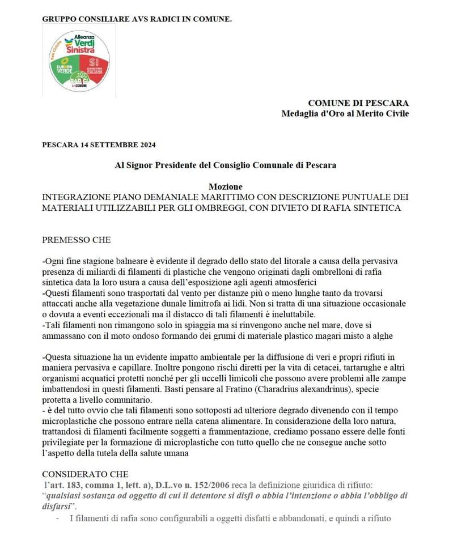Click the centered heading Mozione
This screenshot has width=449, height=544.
tap(225, 186)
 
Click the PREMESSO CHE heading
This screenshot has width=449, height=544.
tap(77, 240)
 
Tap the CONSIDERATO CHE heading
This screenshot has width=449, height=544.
tap(86, 474)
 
